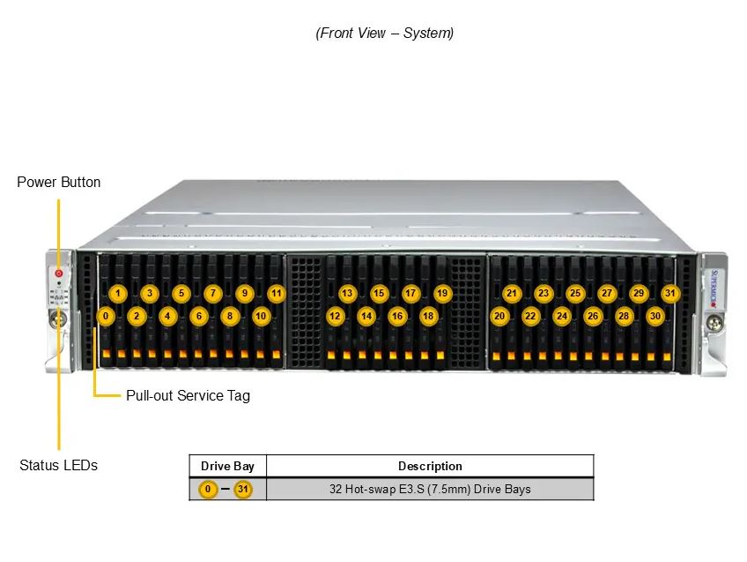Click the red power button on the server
coord(59,274)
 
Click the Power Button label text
coord(59,183)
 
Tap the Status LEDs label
coord(59,465)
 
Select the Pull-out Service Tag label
coord(188,395)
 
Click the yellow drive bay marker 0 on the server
coord(106,316)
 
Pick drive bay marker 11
coord(277,294)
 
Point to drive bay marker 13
coord(347,294)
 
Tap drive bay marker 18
coord(428,316)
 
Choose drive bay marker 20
coord(499,316)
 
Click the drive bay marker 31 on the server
coord(669,294)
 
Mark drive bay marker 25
coord(575,294)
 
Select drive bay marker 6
coord(199,316)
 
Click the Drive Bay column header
coord(227,466)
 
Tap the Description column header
coord(430,466)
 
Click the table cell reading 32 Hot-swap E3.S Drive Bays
coord(430,489)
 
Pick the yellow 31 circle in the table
coord(243,489)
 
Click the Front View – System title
coord(384,33)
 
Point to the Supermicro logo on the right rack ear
coord(714,288)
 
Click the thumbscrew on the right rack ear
coord(714,324)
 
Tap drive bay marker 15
coord(379,294)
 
